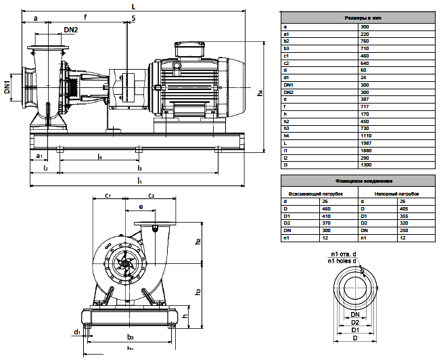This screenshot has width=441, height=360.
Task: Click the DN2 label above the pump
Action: (71, 30)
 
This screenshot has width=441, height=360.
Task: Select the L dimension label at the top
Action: (133, 6)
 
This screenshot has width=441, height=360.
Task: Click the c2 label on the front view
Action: (152, 196)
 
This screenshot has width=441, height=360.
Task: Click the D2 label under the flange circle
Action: (354, 323)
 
